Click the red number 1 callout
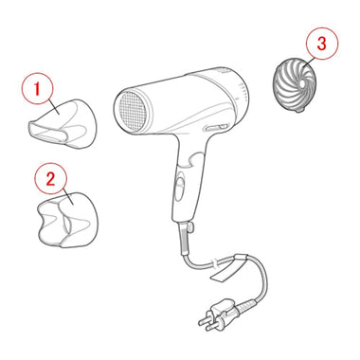[x=38, y=89]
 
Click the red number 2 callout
[x=50, y=179]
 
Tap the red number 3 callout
[x=322, y=44]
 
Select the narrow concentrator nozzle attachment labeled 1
[x=62, y=124]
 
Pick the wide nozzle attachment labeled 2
[x=67, y=220]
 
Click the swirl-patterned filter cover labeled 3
[x=295, y=84]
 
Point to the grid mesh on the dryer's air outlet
[x=133, y=111]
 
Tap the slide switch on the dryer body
[x=217, y=128]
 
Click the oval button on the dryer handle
[x=180, y=189]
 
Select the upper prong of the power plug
[x=206, y=319]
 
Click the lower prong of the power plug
[x=212, y=326]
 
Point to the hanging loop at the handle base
[x=190, y=227]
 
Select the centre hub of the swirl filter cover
[x=302, y=83]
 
